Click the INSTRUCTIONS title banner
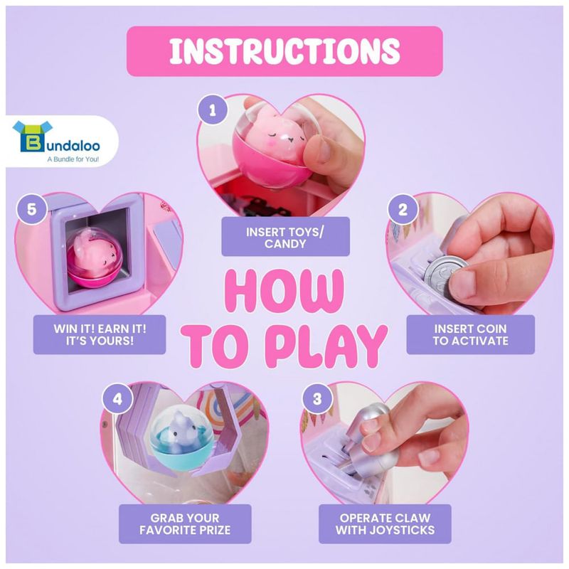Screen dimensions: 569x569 (x=284, y=51)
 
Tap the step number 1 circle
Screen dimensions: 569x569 (x=213, y=110)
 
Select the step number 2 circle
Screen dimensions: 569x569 (x=403, y=209)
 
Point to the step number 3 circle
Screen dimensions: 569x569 (x=317, y=399)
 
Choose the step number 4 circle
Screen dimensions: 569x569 (x=117, y=399)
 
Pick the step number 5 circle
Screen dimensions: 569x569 (x=31, y=209)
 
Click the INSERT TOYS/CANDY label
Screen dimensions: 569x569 (x=285, y=237)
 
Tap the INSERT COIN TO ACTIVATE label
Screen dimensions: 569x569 (x=470, y=334)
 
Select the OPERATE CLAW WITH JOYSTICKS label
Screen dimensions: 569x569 (x=385, y=523)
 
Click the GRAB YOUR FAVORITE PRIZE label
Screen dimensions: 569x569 (x=185, y=523)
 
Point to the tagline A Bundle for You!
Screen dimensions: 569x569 (x=73, y=159)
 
